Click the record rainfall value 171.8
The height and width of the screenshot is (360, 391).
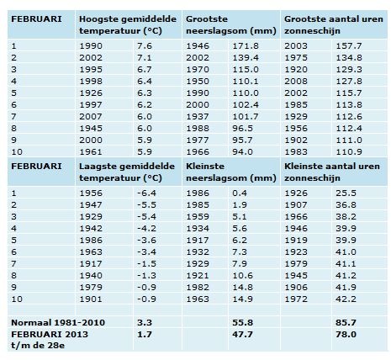[x=246, y=45]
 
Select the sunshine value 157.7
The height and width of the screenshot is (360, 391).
[x=349, y=45]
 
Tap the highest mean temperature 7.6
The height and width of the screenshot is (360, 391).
[x=145, y=45]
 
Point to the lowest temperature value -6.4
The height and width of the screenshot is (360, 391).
[x=146, y=193]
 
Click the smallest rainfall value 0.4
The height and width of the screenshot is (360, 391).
[x=240, y=193]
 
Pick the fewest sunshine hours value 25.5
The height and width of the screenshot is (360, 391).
[x=346, y=193]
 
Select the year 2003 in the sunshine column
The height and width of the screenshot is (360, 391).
[x=296, y=45]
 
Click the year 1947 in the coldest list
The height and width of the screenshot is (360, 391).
[x=91, y=204]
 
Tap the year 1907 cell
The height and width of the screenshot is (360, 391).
[x=296, y=204]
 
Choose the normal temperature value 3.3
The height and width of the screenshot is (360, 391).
[x=145, y=322]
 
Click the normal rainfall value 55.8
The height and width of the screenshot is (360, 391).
[x=242, y=322]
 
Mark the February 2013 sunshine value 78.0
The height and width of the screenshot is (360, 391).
[x=346, y=334]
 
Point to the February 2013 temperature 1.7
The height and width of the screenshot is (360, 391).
[x=145, y=334]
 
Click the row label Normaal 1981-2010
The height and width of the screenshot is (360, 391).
[x=58, y=322]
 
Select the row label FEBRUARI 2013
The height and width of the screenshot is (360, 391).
[x=50, y=334]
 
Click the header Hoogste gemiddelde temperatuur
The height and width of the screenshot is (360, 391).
[x=128, y=25]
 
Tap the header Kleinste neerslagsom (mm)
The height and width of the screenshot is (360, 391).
[x=231, y=172]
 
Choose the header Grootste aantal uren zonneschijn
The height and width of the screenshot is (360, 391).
[x=334, y=25]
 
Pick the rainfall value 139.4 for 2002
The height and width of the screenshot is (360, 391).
[x=246, y=57]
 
